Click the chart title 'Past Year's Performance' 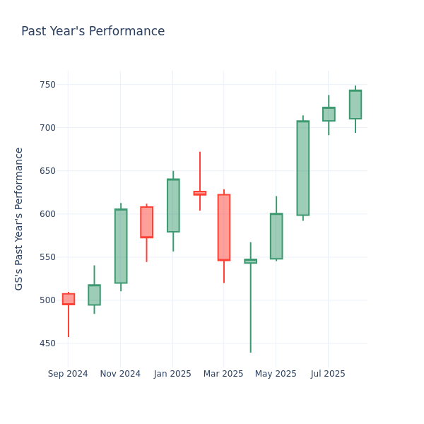click(93, 32)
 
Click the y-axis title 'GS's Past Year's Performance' click(19, 218)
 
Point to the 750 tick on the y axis click(47, 85)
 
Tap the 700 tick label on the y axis click(47, 128)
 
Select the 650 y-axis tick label click(47, 171)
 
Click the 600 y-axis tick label click(47, 214)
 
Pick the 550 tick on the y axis click(47, 257)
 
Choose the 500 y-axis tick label click(47, 300)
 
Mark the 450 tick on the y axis click(47, 343)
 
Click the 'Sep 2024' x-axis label click(68, 374)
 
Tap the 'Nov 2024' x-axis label click(120, 374)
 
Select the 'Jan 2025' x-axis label click(172, 374)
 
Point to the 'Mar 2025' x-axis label click(223, 374)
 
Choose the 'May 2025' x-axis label click(276, 374)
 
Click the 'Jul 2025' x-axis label click(328, 374)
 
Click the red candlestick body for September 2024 click(69, 299)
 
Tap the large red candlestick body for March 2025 click(224, 227)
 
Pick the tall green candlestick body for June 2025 click(302, 168)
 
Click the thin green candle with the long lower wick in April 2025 click(250, 261)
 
